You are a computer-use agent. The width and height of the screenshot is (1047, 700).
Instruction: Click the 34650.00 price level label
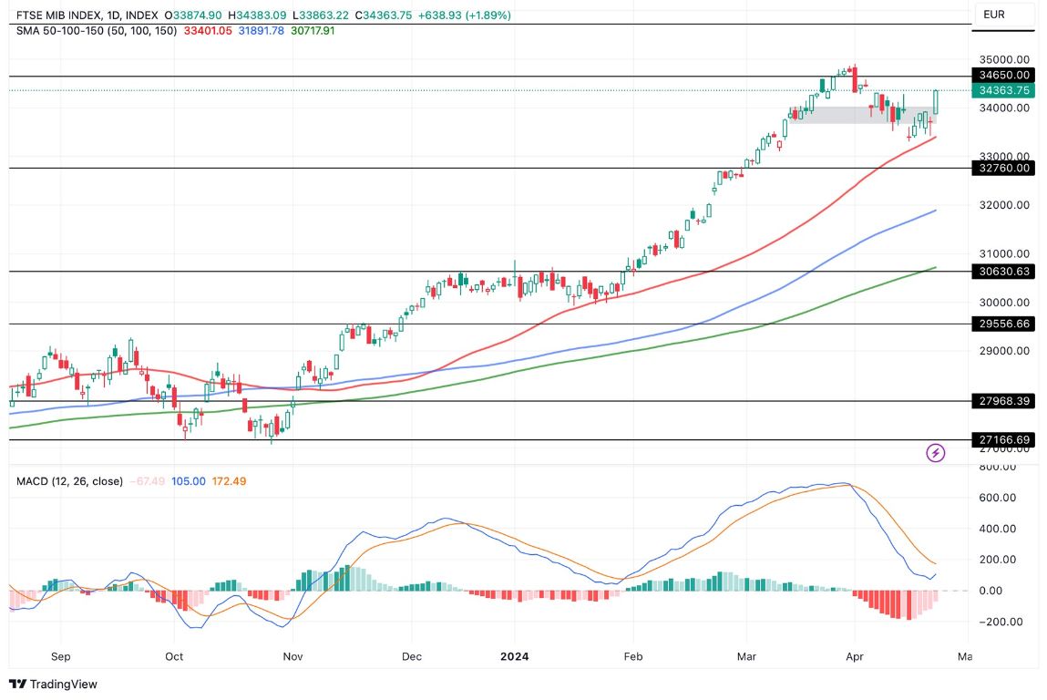tap(1003, 75)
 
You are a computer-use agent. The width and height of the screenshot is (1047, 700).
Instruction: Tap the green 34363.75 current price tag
tap(1003, 90)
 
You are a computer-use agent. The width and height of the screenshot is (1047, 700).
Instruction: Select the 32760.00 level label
tap(1003, 168)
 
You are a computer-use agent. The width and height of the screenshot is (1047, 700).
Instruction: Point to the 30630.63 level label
tap(1003, 271)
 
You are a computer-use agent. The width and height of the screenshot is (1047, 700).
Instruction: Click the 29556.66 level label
tap(1003, 324)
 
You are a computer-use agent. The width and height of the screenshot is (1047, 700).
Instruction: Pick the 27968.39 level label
tap(1003, 400)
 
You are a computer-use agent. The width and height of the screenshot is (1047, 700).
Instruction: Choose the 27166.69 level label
tap(1003, 440)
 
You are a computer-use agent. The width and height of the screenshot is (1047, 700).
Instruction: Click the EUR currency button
tap(995, 15)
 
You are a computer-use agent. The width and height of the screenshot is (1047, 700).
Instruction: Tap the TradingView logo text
tap(64, 684)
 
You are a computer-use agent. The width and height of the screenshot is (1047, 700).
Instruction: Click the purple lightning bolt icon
tap(935, 452)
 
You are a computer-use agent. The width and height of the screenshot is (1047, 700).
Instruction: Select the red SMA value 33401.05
tap(209, 30)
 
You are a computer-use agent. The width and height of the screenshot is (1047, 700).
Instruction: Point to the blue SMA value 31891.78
tap(262, 30)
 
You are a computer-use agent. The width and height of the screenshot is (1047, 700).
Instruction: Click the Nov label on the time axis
tap(293, 656)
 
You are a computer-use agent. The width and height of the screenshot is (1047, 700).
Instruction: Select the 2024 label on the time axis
tap(514, 656)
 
